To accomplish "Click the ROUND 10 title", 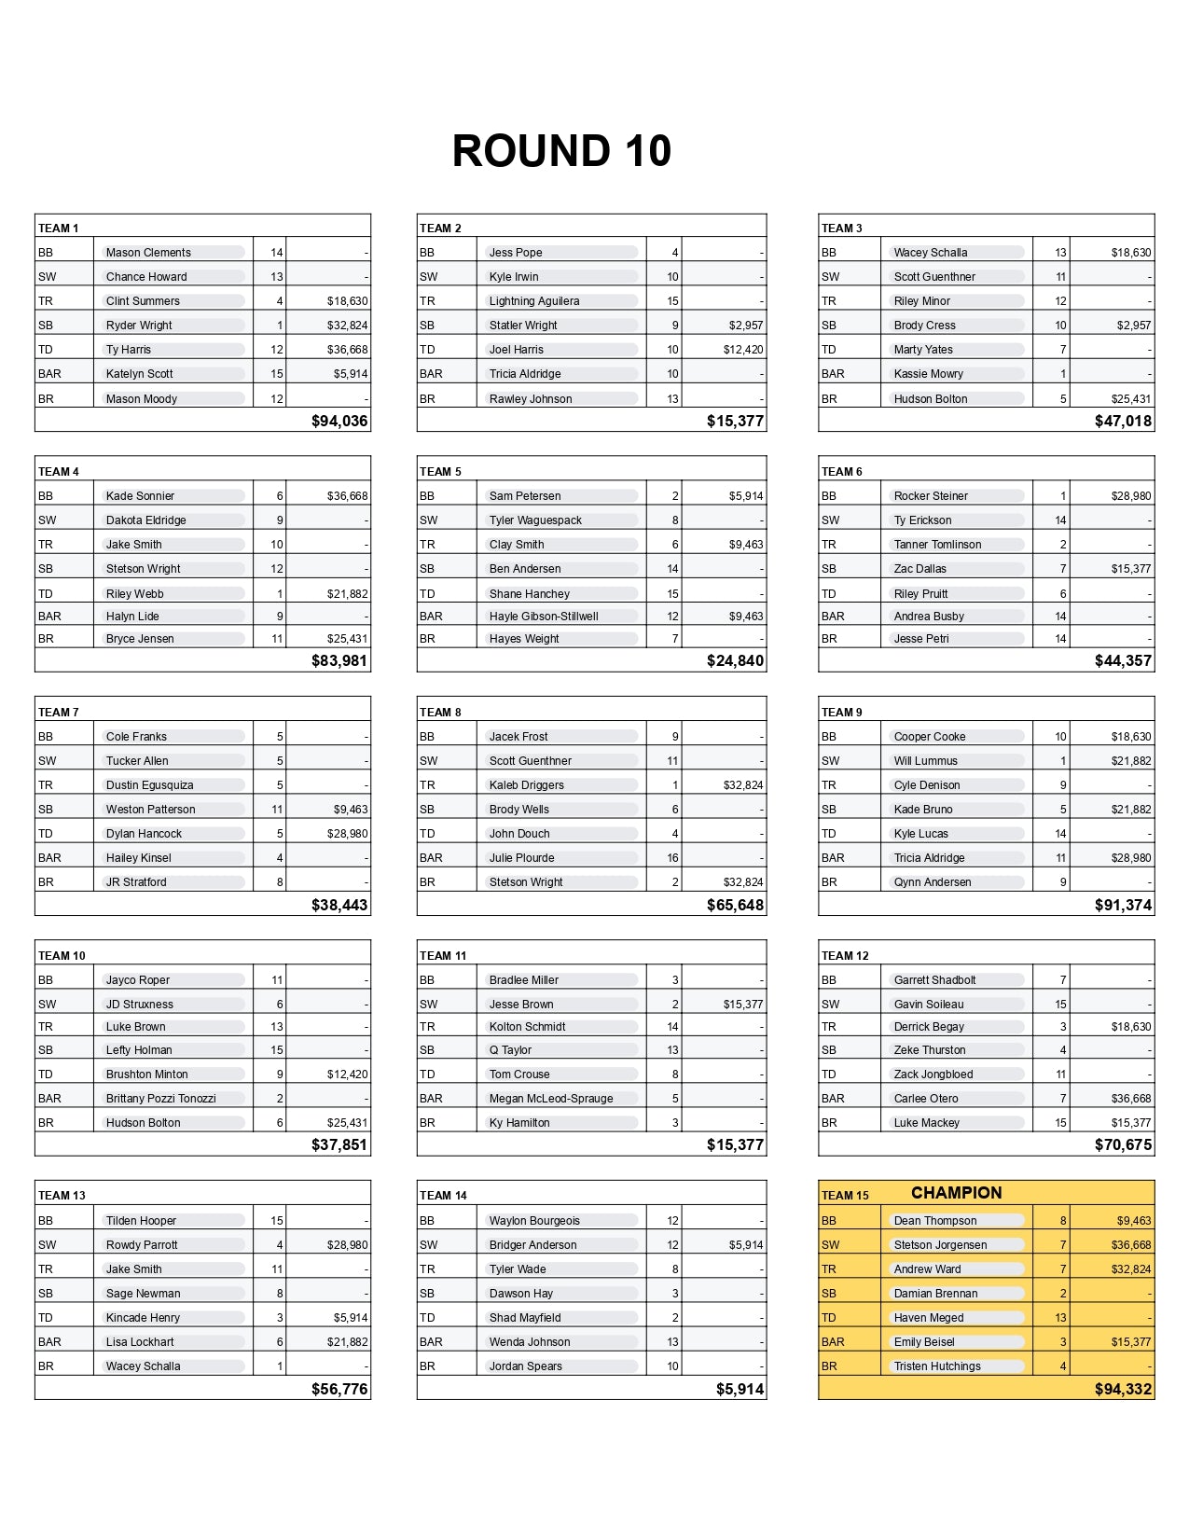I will tap(561, 151).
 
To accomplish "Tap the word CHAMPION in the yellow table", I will tap(956, 1193).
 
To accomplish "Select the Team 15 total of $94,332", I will tap(1123, 1390).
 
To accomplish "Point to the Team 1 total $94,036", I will tap(339, 421).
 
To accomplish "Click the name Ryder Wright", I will tap(139, 326).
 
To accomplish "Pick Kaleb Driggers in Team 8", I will tap(526, 785).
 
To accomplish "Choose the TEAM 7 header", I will tap(59, 713).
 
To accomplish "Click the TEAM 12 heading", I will tap(845, 956).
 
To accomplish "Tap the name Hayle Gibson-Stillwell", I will tap(544, 617).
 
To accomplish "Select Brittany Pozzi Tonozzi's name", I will tap(160, 1099).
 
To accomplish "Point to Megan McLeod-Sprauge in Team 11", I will tap(551, 1099).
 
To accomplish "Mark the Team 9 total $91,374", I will tap(1123, 906).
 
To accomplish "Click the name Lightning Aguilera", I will tap(534, 301).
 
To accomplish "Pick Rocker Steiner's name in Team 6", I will tap(931, 496).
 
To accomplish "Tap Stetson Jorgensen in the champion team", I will tap(940, 1245).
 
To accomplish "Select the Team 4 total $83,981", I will tap(339, 661).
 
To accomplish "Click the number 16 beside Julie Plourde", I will tap(672, 858).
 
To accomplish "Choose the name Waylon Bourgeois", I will tap(534, 1221).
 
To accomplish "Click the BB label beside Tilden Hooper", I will tap(46, 1221).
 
